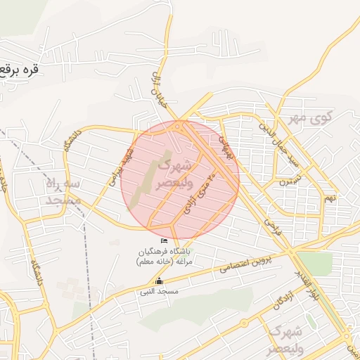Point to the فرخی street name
point(271,226)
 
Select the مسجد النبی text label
point(160,290)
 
